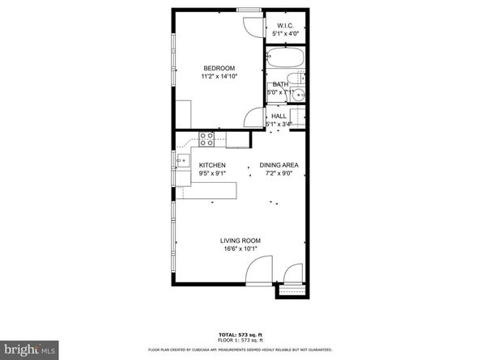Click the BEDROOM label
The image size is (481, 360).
point(219,67)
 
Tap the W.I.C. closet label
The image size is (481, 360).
point(285,25)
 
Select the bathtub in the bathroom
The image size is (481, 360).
point(284,58)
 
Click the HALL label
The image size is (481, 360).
point(279,116)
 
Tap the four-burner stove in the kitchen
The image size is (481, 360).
point(206,139)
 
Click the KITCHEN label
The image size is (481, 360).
point(212,165)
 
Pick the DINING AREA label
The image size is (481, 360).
point(279,165)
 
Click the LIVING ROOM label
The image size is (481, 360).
point(240,240)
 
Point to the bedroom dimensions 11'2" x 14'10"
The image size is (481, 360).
point(219,76)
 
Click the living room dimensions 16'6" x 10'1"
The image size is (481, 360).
point(240,249)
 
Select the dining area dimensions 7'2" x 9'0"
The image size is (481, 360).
point(279,174)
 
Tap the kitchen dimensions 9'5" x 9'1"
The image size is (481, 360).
point(212,174)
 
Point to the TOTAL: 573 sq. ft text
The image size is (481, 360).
point(240,334)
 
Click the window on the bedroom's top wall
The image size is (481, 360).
point(249,10)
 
